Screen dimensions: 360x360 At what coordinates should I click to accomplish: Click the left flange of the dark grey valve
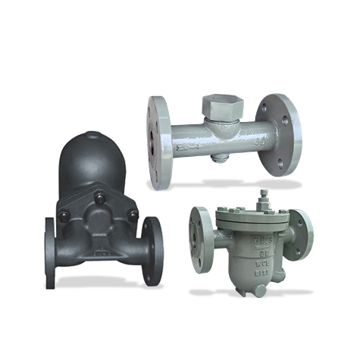pyautogui.click(x=54, y=250)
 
